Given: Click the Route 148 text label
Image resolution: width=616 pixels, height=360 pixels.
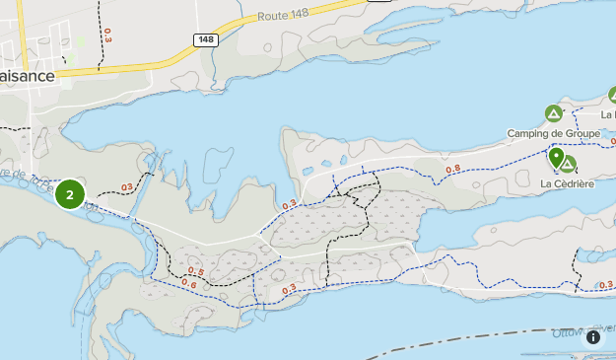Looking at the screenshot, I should tap(286, 17).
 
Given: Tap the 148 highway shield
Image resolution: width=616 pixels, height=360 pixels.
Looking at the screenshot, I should tap(206, 39).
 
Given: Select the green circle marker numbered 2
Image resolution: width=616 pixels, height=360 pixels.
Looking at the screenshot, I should tap(70, 194).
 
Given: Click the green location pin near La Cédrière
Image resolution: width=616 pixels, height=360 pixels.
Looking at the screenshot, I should tap(556, 158).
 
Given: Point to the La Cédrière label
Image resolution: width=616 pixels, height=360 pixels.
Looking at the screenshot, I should tap(568, 183).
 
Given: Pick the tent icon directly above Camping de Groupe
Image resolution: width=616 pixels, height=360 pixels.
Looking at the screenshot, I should tap(553, 113).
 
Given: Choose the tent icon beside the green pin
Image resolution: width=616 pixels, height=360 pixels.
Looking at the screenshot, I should tap(569, 165).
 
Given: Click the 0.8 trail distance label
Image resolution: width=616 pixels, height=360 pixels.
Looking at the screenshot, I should tap(453, 169).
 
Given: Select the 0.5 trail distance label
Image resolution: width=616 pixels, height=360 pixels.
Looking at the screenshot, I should tap(195, 272).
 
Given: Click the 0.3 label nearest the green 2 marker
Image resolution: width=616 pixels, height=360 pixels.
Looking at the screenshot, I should tap(126, 187).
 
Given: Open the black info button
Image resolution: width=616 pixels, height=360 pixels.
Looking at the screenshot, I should tap(593, 337).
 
